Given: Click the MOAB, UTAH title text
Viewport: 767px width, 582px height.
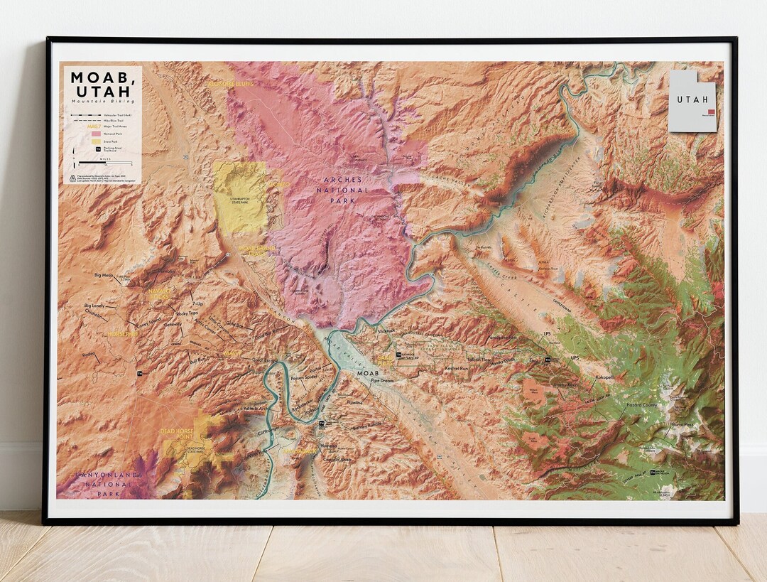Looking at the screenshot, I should click(100, 84).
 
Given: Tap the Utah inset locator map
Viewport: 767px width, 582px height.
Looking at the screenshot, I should click(692, 101).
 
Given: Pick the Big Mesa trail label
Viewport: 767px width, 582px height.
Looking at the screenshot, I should click(104, 274).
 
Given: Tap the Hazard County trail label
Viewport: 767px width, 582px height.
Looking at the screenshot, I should click(641, 404).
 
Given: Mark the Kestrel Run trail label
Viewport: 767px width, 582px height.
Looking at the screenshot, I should click(455, 369).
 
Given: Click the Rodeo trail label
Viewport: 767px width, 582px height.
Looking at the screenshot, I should click(89, 355).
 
